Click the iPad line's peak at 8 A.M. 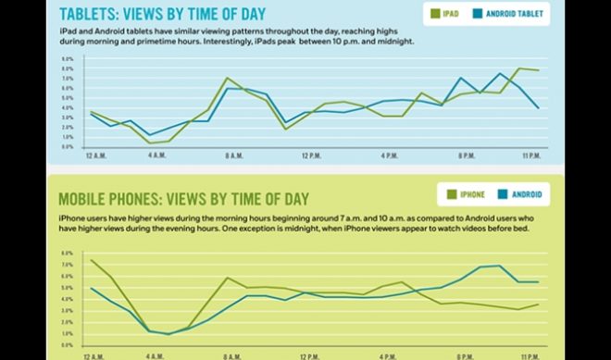coord(228,78)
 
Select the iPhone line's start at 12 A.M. coord(91,260)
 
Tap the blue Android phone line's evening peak coord(500,266)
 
